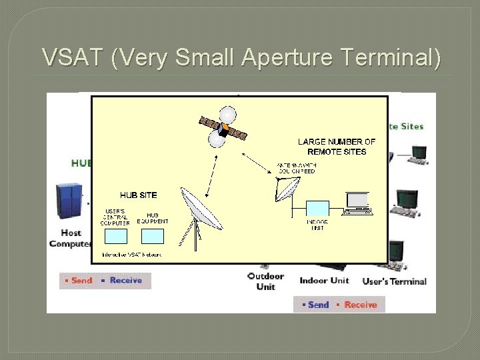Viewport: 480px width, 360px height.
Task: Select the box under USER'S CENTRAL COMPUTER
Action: pos(115,237)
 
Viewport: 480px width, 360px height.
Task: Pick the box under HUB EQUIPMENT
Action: pos(153,236)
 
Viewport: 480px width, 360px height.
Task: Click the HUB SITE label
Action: pos(139,195)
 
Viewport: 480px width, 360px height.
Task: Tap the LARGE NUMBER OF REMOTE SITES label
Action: pos(337,147)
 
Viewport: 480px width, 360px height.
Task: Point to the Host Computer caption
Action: pos(69,238)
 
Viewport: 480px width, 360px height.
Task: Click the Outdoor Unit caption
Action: pos(265,281)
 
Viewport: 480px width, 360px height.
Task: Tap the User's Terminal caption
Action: pos(395,281)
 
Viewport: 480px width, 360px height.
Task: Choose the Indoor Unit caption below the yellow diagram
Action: pos(324,281)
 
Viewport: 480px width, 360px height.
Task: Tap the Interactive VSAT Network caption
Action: pos(131,255)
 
